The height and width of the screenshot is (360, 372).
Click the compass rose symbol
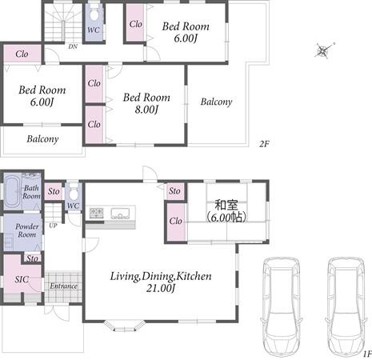point(324,50)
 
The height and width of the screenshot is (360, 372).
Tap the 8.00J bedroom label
point(146,103)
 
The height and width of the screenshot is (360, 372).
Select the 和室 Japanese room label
point(226,205)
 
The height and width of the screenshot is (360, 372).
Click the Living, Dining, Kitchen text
point(161,276)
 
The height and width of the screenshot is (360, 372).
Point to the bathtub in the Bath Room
point(12,191)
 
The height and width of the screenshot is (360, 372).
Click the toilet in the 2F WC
point(94,14)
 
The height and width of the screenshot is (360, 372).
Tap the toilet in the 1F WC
point(73,193)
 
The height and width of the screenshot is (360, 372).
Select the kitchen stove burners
point(96,213)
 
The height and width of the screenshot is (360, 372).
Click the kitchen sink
point(120,214)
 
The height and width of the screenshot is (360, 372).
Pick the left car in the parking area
point(282,306)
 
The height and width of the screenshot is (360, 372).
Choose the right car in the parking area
point(346,306)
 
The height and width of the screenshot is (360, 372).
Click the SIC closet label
point(22,279)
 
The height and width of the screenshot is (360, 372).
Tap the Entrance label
point(63,286)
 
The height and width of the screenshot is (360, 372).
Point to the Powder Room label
point(26,230)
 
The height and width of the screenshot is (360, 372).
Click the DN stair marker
point(73,46)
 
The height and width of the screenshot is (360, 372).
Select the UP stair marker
point(53,226)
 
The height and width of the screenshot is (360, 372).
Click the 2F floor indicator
point(264,144)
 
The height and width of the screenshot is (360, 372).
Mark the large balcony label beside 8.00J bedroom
point(216,102)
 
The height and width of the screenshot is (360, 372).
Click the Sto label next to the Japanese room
point(174,191)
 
